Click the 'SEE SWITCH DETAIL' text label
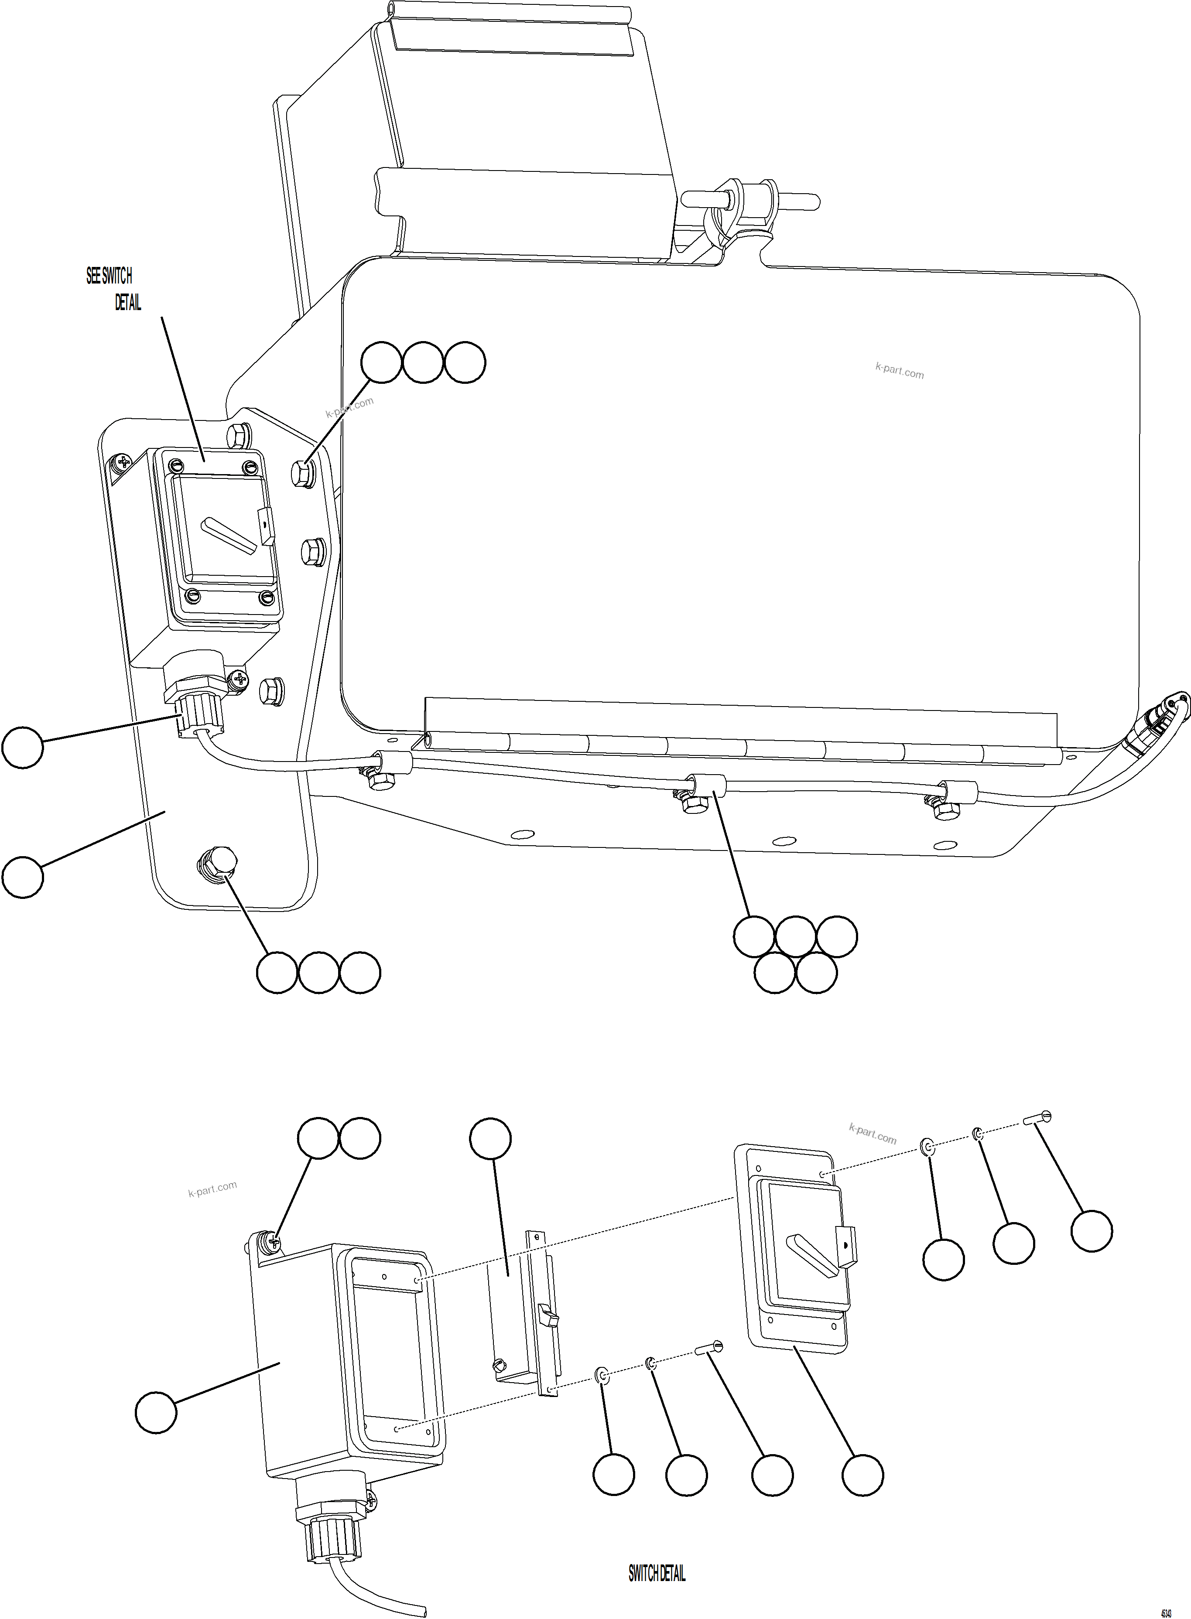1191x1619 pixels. (113, 288)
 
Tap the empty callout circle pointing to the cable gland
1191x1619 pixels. (22, 748)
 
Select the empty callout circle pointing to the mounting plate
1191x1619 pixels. (22, 877)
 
